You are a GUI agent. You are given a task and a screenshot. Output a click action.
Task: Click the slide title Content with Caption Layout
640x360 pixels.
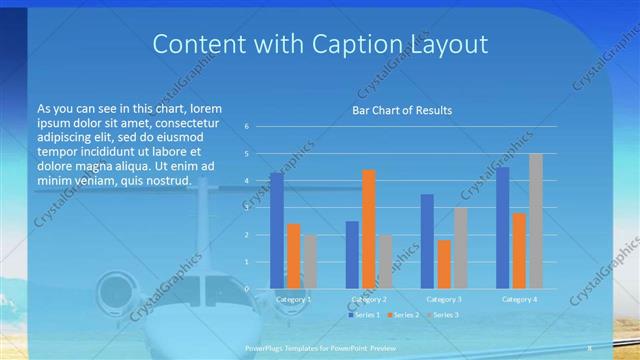(x=319, y=44)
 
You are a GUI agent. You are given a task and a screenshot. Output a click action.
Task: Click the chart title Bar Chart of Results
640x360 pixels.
(x=400, y=109)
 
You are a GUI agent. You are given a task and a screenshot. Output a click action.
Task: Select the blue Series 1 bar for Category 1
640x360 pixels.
(x=276, y=231)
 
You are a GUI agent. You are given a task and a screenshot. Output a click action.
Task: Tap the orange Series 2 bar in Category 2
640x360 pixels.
(x=368, y=229)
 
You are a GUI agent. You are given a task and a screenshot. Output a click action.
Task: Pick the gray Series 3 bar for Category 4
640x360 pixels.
(x=536, y=221)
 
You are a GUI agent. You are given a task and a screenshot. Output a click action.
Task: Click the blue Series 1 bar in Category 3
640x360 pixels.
(x=427, y=241)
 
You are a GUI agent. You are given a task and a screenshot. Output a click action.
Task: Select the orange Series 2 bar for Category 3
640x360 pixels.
(x=444, y=264)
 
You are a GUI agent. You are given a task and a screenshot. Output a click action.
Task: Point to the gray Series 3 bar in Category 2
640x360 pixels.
(x=385, y=262)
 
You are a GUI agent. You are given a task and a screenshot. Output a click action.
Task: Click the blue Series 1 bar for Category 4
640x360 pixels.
(x=502, y=228)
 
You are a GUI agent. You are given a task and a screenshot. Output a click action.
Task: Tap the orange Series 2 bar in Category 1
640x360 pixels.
(x=293, y=256)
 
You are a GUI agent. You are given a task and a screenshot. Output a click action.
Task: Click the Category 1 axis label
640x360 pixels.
(x=293, y=299)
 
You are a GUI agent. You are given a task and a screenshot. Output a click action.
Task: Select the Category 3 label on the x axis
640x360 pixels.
(x=444, y=299)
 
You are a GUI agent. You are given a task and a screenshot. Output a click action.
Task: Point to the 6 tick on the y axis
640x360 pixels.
(x=246, y=127)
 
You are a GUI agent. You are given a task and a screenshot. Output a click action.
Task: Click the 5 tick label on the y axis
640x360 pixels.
(x=246, y=154)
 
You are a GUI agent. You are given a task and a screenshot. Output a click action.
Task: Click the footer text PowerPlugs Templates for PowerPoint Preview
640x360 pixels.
(x=319, y=348)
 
